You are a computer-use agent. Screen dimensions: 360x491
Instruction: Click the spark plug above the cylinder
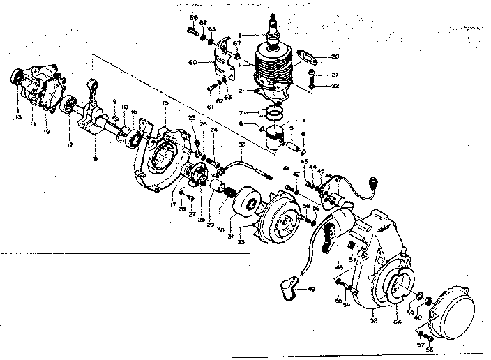coord(272,29)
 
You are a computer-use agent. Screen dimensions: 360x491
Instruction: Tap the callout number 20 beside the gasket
coord(335,57)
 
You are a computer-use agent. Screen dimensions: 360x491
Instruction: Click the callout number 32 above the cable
coord(240,144)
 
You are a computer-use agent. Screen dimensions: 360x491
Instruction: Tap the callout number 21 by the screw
coord(335,75)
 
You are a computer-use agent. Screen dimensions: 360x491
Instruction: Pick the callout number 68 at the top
coord(193,17)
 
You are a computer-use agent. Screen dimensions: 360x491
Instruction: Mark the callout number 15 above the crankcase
coord(165,103)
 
